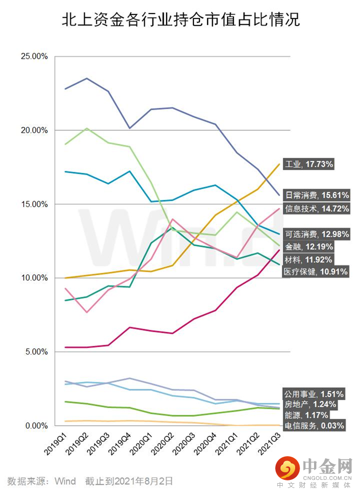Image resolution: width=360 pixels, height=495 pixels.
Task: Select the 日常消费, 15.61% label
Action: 317,195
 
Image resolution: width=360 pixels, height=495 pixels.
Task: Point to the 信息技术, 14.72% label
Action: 317,208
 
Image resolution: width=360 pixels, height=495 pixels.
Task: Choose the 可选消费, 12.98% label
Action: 317,234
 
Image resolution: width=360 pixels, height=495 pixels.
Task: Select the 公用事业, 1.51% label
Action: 314,394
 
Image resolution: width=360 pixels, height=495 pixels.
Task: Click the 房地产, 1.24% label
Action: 310,404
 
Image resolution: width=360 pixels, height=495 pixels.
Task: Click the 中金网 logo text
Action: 327,466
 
